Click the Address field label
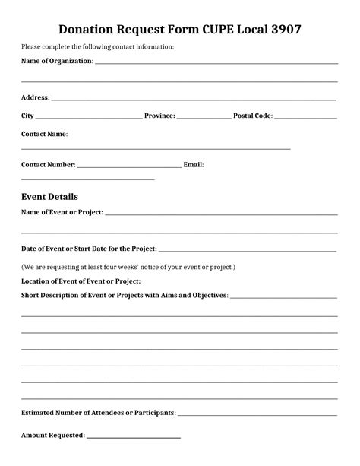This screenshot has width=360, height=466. point(35,97)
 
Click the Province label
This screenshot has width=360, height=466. point(159,116)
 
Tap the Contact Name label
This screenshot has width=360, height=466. point(44,134)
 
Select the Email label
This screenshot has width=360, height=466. point(193,164)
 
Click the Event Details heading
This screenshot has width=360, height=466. point(49,196)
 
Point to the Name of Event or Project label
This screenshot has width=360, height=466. point(62,212)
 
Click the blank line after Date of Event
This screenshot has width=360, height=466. point(248,250)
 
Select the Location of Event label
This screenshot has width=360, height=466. point(81,281)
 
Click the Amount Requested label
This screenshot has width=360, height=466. point(52,436)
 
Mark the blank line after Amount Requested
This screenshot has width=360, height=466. point(134,438)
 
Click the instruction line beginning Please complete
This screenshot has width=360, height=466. point(97,47)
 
